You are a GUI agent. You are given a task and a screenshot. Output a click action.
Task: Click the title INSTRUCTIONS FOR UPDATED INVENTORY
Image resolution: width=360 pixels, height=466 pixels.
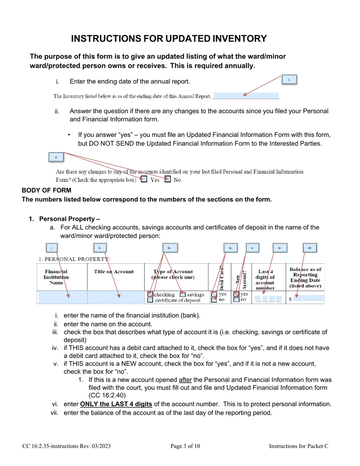point(169,39)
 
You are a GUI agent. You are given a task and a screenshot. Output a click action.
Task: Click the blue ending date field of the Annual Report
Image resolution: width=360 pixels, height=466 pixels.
point(246,96)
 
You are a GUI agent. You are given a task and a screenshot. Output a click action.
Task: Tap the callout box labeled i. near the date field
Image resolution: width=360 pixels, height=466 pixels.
point(289,80)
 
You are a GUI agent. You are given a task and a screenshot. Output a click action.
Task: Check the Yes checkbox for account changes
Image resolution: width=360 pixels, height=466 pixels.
point(144,180)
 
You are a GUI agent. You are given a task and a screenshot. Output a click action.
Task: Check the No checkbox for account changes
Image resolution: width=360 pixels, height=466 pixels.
point(167,180)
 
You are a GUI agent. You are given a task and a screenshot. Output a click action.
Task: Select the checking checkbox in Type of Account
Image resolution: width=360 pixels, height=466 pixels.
point(150,294)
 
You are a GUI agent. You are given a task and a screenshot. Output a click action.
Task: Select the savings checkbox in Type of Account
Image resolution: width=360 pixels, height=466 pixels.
point(183,294)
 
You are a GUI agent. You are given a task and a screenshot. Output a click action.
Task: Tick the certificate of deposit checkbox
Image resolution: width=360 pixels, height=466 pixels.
point(150,300)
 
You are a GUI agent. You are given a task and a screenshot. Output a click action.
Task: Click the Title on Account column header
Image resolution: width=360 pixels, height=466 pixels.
point(114,272)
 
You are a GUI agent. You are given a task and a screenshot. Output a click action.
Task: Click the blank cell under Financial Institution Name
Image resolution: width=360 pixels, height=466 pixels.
point(62,297)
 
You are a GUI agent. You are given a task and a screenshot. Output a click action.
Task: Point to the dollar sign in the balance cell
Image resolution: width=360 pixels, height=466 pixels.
point(290,299)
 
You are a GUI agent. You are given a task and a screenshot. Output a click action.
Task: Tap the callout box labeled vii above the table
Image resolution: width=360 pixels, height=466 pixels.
point(310,248)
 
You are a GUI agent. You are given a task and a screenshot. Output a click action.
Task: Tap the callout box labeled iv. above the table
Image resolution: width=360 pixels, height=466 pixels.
point(230,248)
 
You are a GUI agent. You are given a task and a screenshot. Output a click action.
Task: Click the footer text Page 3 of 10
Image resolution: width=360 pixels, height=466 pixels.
point(185,446)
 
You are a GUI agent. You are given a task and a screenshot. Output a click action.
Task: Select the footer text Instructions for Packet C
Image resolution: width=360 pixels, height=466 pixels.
point(299,446)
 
